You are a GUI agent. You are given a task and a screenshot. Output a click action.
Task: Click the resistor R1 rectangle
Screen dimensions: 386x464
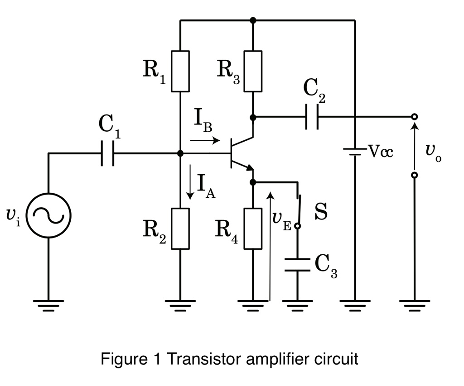180,71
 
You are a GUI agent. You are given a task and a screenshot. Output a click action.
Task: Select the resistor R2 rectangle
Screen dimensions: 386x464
180,229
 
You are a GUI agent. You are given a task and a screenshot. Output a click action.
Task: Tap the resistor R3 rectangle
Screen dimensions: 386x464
253,71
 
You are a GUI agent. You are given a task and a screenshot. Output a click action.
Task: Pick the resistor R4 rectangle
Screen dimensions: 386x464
253,229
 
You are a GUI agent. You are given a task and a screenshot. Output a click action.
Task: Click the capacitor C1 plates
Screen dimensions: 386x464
108,154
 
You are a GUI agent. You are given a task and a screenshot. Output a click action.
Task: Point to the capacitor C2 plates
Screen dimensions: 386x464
312,117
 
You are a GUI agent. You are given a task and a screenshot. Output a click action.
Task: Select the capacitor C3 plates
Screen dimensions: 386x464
298,265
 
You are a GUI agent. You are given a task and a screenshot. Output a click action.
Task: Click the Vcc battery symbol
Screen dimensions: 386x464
355,151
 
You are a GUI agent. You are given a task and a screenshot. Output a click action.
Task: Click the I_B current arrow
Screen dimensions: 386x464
205,141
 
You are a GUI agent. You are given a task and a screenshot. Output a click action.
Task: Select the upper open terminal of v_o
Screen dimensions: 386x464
414,117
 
